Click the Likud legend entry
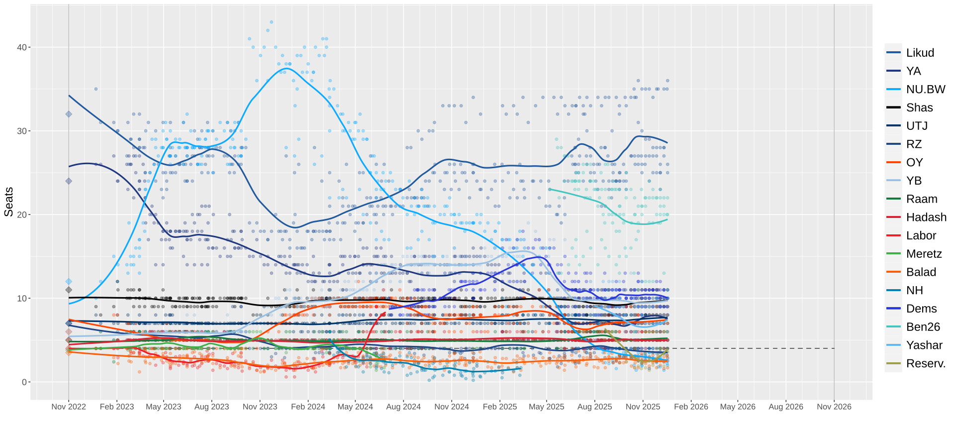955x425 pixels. [920, 53]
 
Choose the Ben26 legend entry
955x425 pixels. [923, 326]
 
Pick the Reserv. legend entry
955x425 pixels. [925, 363]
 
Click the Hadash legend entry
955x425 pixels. [926, 217]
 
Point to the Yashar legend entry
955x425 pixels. [924, 345]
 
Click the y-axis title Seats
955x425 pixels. [8, 202]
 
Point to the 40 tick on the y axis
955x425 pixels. [22, 48]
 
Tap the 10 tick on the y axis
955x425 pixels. [22, 299]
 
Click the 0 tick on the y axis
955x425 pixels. [24, 382]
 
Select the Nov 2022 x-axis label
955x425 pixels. [69, 407]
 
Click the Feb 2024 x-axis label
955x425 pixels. [308, 407]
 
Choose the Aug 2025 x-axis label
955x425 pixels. [594, 407]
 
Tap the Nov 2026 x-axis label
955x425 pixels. [834, 407]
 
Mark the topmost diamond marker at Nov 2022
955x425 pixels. [69, 114]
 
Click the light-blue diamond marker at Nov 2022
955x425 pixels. [69, 282]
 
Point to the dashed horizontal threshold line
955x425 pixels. [746, 348]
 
